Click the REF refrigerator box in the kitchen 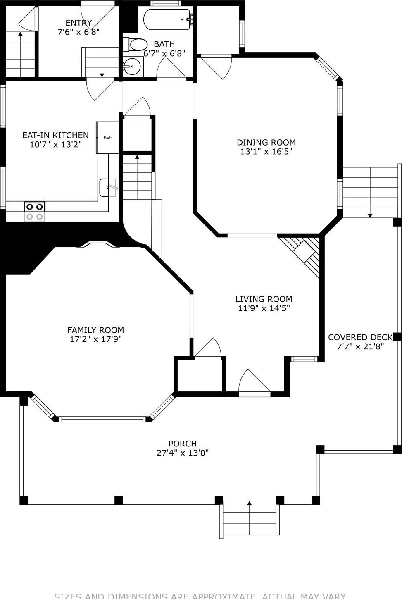coord(107,137)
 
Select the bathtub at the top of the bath coord(167,19)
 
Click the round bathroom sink coord(132,66)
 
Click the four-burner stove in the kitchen coord(35,211)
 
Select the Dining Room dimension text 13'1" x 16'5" coord(266,152)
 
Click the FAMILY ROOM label coord(95,330)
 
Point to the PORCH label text coord(182,444)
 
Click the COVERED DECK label coord(360,337)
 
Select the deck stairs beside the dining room coord(370,192)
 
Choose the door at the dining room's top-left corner coord(216,66)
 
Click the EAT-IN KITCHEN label coord(55,135)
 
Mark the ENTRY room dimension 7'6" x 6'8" coord(78,32)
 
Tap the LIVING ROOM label coord(264,299)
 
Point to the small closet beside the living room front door coord(200,375)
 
